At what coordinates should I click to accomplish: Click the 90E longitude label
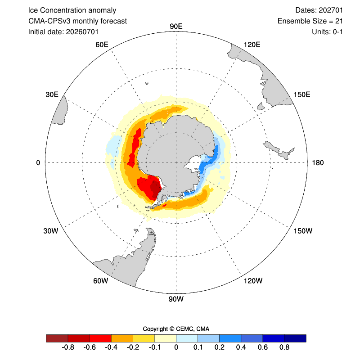176,27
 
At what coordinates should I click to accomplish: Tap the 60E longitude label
102,45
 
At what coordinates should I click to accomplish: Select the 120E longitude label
252,45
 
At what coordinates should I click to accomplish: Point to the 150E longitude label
302,94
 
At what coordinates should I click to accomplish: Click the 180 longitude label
318,163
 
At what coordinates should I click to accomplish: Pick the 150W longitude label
303,231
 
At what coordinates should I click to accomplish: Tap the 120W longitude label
253,281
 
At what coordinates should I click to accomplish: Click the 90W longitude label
176,299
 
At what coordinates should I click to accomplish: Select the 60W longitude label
100,281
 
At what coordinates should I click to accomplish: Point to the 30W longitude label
51,231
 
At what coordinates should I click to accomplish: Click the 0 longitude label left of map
38,163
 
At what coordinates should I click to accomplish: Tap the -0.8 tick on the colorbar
68,347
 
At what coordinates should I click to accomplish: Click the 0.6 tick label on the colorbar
263,347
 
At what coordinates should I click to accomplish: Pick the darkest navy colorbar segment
295,338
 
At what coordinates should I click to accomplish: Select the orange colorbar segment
122,338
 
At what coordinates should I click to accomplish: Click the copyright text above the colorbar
176,329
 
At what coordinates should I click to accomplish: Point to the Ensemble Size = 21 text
310,21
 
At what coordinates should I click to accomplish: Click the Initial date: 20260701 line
63,31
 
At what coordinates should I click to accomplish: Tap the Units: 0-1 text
327,31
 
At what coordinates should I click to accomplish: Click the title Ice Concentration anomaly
72,10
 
